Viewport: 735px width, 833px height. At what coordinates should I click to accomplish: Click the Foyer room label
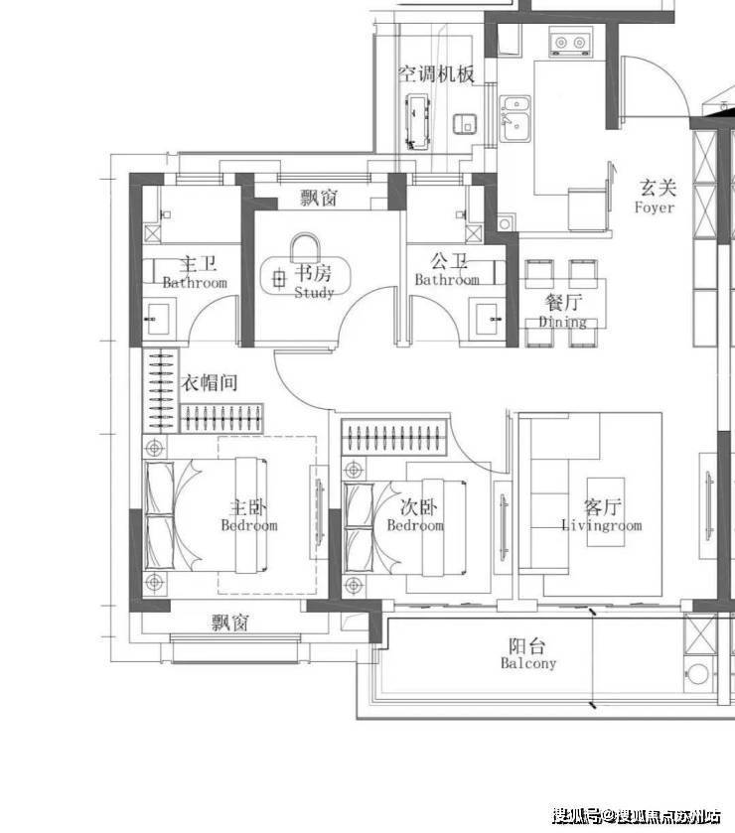(x=655, y=208)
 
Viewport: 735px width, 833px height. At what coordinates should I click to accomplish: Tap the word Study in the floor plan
(x=314, y=292)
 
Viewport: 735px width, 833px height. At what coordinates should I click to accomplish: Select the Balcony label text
(x=528, y=663)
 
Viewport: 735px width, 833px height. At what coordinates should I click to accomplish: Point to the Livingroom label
(x=602, y=526)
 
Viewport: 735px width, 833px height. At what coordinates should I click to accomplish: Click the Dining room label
(x=563, y=322)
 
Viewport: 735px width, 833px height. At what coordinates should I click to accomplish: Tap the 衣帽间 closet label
(x=210, y=382)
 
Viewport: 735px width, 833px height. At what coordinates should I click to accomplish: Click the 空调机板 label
(x=436, y=73)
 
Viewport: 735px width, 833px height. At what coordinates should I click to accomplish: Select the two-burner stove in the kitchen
(x=570, y=43)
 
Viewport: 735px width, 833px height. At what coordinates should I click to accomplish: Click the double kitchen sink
(x=515, y=118)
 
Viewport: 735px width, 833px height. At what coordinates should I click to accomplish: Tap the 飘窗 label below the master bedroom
(x=230, y=623)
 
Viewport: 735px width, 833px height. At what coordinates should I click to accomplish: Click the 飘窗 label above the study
(x=319, y=199)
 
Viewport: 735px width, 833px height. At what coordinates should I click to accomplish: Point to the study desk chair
(x=306, y=247)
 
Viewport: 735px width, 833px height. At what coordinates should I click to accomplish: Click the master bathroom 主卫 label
(x=198, y=264)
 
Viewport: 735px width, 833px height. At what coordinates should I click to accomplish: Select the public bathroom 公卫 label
(x=449, y=261)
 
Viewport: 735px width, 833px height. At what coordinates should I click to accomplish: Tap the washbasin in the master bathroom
(x=157, y=319)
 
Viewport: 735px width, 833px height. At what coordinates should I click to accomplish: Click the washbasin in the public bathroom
(x=488, y=319)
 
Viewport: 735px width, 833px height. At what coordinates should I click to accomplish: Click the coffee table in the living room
(x=605, y=512)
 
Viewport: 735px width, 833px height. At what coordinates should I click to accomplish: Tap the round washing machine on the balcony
(x=698, y=673)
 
